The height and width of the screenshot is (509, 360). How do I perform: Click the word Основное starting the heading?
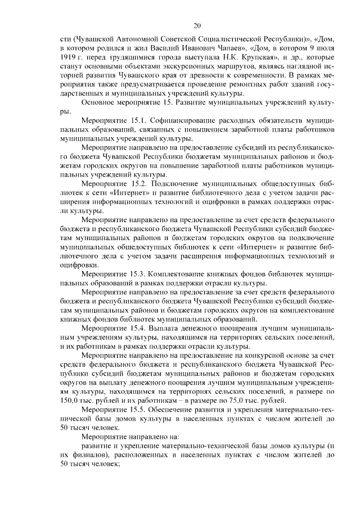click(x=100, y=103)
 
